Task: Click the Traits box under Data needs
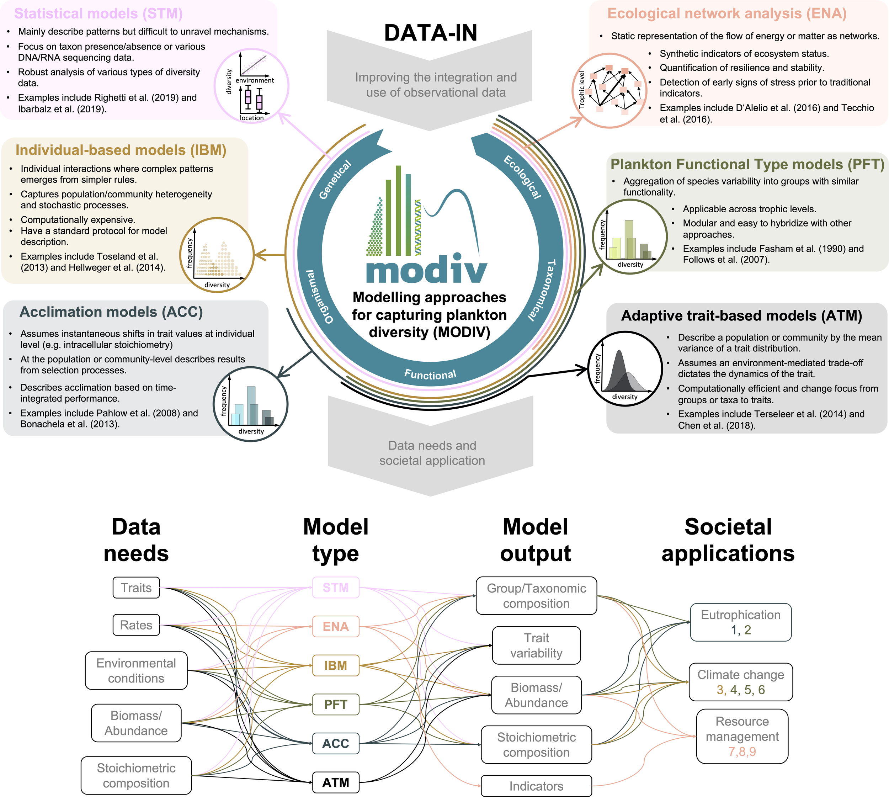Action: point(136,588)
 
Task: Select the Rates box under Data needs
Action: point(136,625)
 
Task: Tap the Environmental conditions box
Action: point(136,670)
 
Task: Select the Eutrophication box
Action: point(741,622)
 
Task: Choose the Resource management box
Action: point(742,736)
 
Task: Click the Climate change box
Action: point(741,682)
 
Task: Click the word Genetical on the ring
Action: point(335,180)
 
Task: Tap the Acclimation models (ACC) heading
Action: point(111,312)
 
